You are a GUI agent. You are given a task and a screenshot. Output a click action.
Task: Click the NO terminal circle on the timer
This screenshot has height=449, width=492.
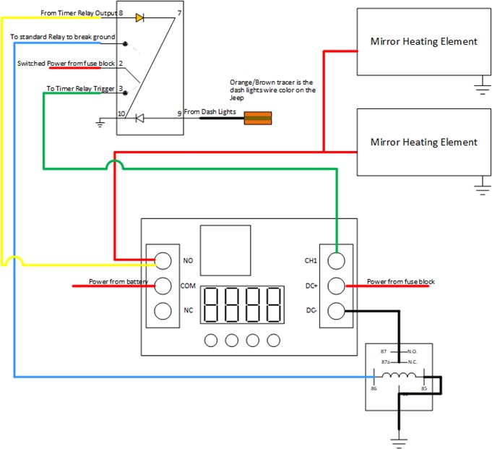pyautogui.click(x=163, y=260)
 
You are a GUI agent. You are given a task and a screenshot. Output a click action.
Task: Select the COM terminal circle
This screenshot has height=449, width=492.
pyautogui.click(x=163, y=286)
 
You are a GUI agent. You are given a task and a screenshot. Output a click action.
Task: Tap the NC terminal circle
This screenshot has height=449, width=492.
pyautogui.click(x=163, y=311)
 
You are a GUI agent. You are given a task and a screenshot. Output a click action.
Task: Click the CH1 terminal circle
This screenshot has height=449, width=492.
pyautogui.click(x=337, y=260)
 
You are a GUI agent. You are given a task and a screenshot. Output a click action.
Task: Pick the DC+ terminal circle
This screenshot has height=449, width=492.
pyautogui.click(x=337, y=286)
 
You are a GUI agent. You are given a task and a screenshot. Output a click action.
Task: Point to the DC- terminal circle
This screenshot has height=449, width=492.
pyautogui.click(x=337, y=311)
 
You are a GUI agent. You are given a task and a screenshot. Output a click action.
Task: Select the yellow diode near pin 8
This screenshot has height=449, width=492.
pyautogui.click(x=139, y=16)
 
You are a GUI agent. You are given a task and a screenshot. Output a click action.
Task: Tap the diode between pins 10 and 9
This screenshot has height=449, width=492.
pyautogui.click(x=140, y=117)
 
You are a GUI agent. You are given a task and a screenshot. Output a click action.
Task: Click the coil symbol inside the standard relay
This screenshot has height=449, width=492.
pyautogui.click(x=399, y=377)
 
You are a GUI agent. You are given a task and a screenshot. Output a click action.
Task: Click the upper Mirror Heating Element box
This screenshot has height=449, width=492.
pyautogui.click(x=423, y=41)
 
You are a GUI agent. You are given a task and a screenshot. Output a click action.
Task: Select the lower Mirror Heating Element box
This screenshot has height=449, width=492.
pyautogui.click(x=423, y=142)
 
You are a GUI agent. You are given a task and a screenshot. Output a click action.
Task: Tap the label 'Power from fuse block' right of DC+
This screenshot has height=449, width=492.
pyautogui.click(x=400, y=281)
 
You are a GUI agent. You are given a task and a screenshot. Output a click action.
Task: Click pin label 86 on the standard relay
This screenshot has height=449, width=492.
pyautogui.click(x=374, y=388)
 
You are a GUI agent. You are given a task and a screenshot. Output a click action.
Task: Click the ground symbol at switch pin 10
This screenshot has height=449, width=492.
pyautogui.click(x=100, y=124)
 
